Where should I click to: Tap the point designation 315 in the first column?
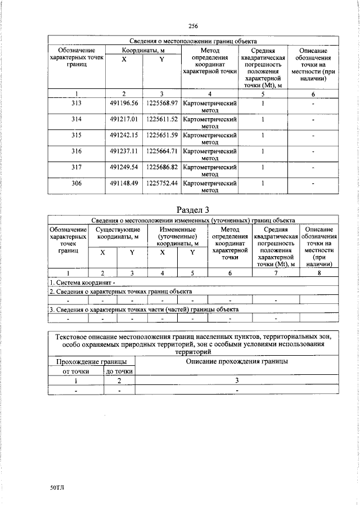[76, 136]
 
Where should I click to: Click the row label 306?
[76, 183]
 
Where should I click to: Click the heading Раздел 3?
[193, 210]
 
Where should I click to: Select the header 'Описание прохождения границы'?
[237, 361]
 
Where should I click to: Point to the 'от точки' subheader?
[76, 371]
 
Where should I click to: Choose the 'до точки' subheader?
[119, 371]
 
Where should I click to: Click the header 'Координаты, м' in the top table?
[143, 51]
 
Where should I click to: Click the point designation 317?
[76, 167]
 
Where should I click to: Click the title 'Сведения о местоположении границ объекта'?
[193, 41]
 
